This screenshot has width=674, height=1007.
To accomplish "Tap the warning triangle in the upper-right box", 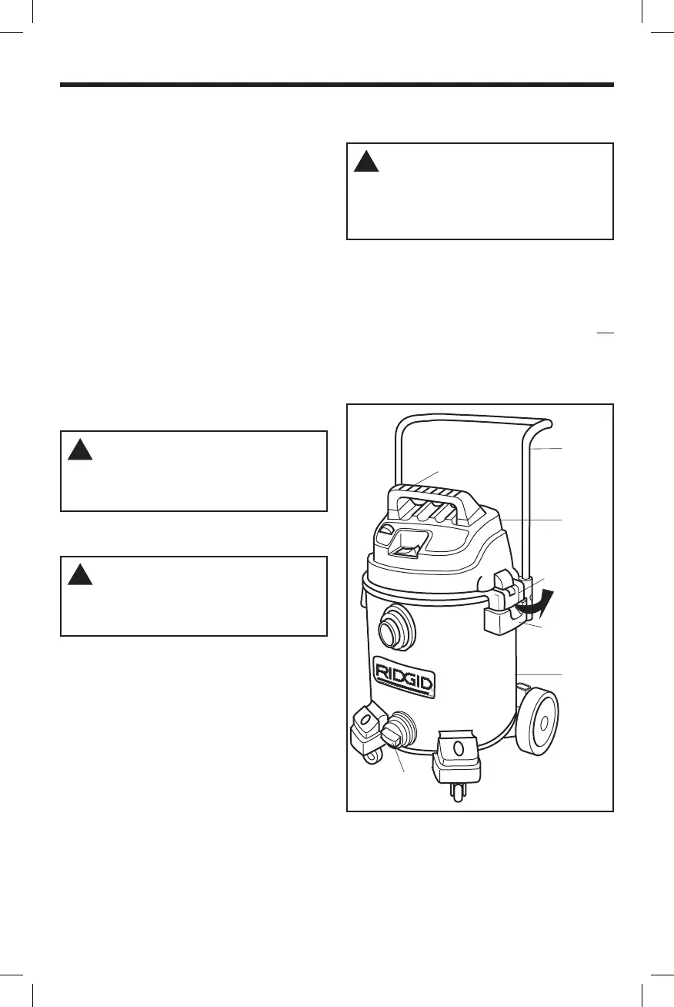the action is click(x=367, y=162).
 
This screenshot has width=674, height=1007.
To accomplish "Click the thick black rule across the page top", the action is click(x=337, y=84).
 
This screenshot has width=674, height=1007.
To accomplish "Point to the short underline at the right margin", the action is click(x=605, y=333).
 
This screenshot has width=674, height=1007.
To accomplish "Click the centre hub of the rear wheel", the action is click(x=542, y=724).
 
